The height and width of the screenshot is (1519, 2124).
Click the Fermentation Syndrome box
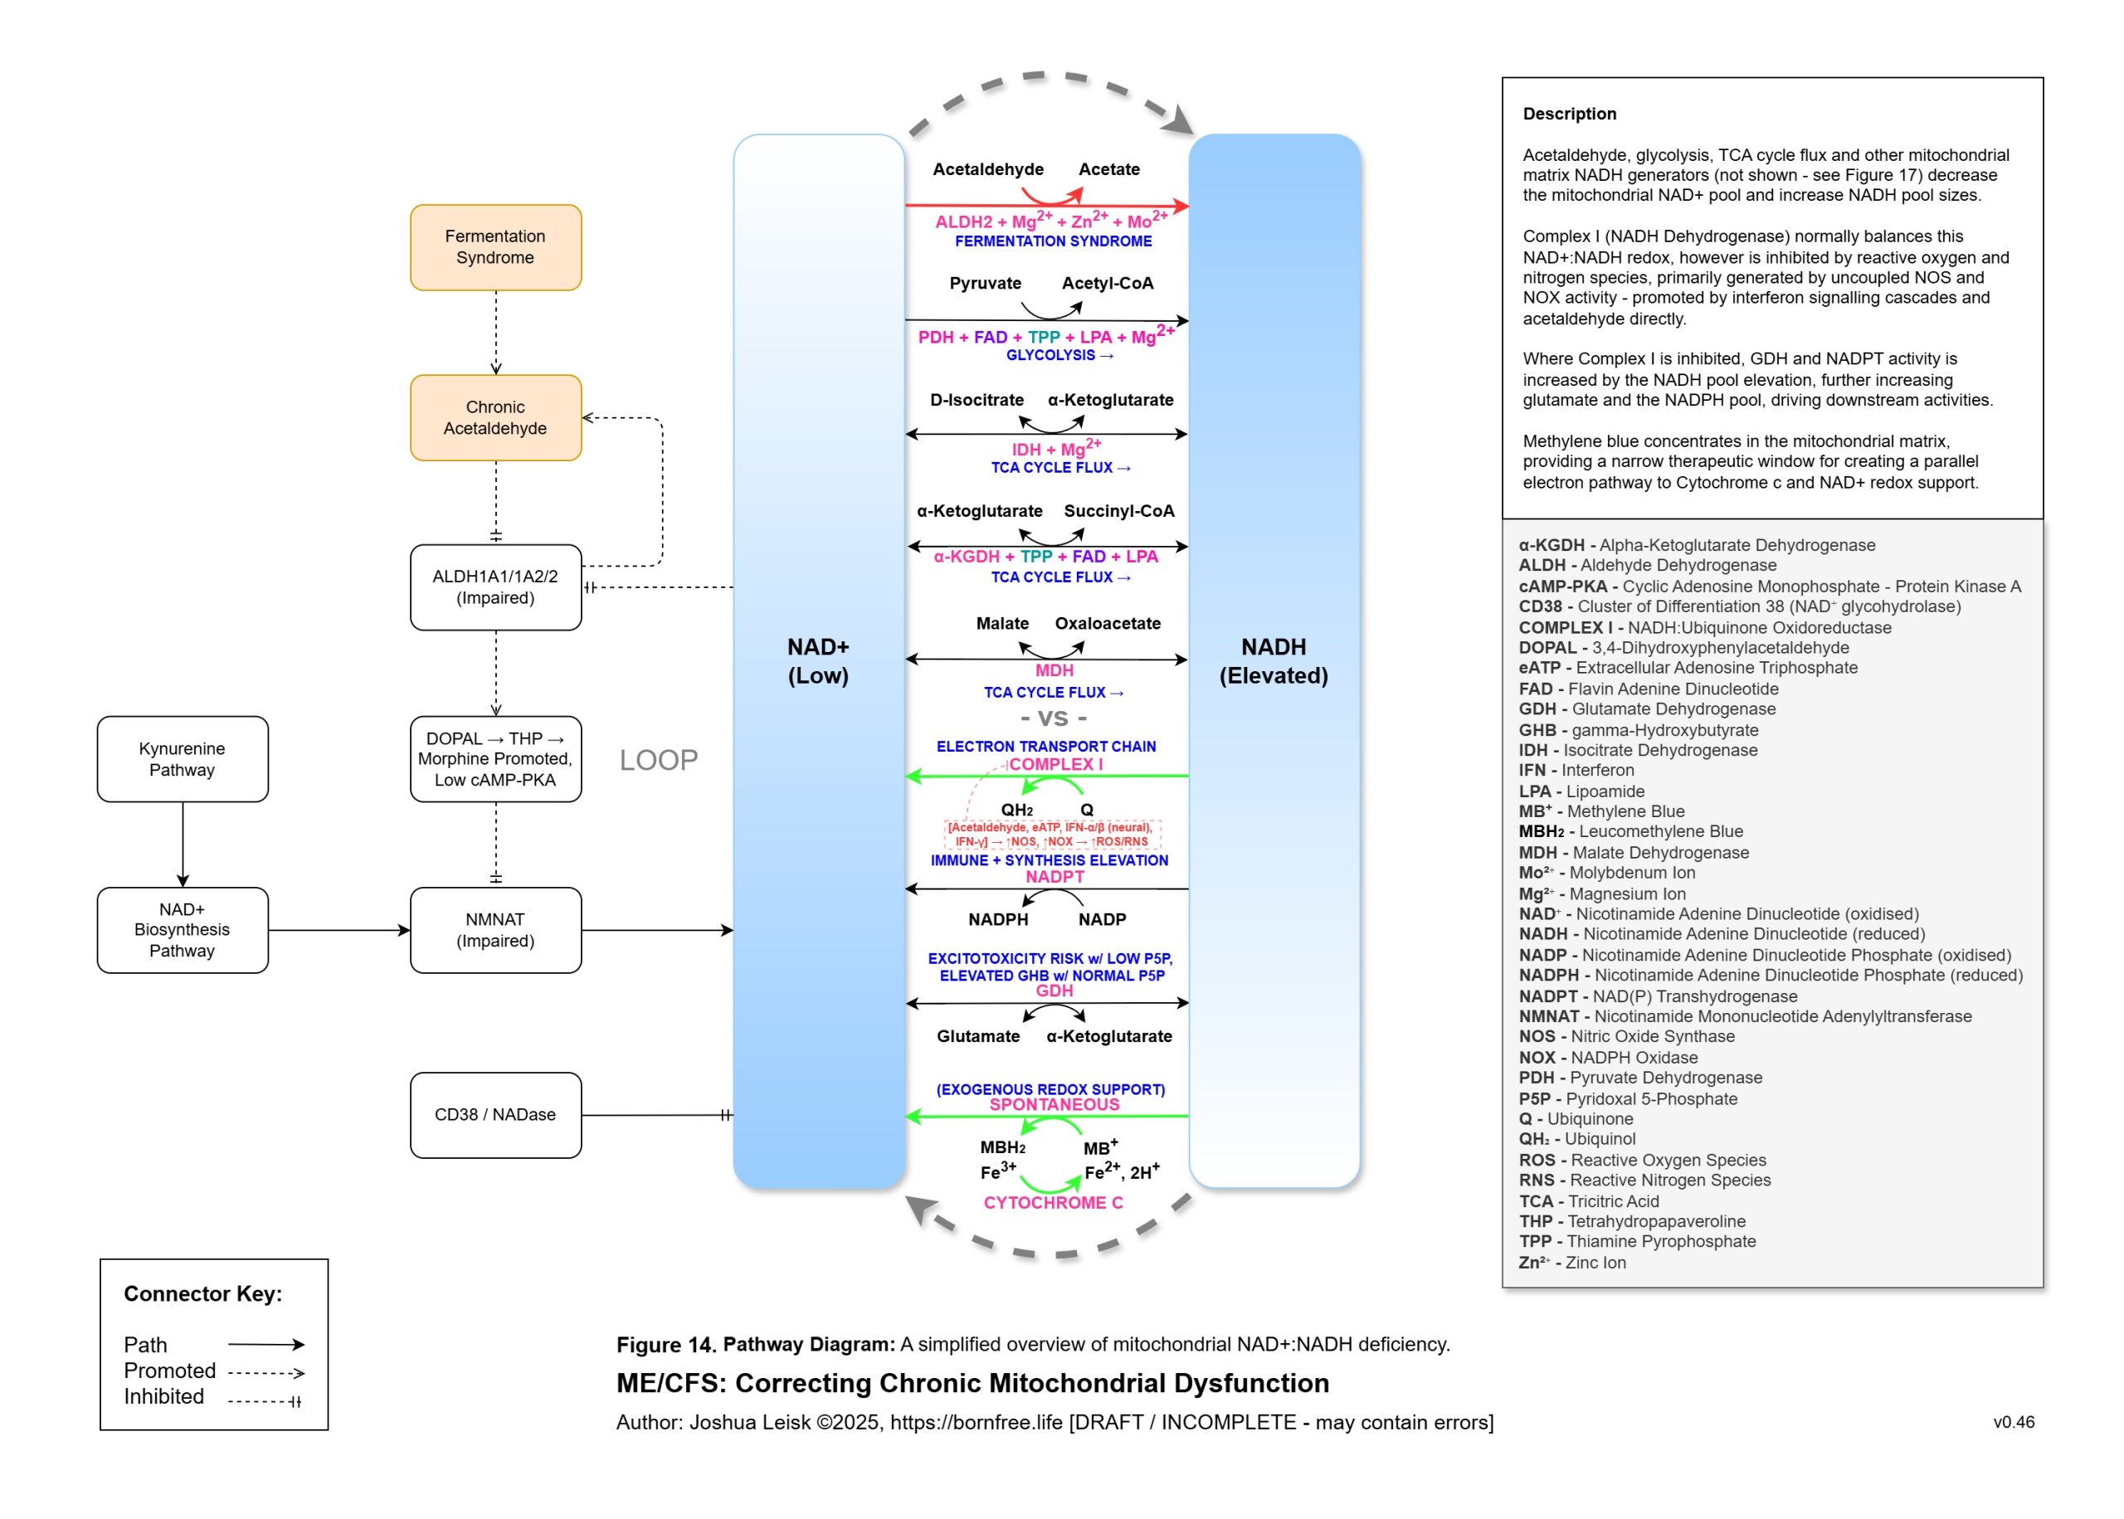point(494,247)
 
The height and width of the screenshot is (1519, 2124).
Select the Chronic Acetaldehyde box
point(494,417)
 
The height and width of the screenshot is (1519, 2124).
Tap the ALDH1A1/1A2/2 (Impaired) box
point(494,587)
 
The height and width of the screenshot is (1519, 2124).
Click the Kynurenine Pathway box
point(182,758)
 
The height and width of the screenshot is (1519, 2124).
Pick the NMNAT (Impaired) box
point(494,930)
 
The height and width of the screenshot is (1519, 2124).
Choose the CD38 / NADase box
point(494,1114)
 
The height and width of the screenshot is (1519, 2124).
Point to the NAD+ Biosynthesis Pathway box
point(182,930)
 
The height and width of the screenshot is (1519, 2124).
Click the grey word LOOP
point(659,760)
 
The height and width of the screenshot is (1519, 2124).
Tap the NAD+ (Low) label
point(817,660)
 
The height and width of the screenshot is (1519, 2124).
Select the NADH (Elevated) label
point(1273,660)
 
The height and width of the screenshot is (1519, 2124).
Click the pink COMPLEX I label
point(1055,764)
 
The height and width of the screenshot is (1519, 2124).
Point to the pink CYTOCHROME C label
point(1052,1203)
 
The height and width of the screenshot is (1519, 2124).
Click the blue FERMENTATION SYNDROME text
point(1053,241)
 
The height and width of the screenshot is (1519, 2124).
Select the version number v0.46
point(2013,1422)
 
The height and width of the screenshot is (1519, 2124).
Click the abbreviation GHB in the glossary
point(1537,729)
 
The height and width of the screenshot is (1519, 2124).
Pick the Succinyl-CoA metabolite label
point(1118,511)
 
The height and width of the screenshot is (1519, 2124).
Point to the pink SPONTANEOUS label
point(1054,1105)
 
